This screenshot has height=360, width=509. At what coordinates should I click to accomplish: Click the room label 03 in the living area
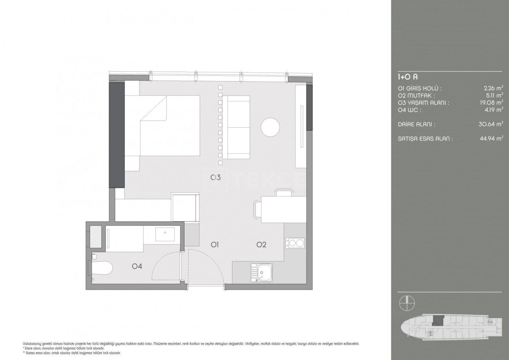click(216, 177)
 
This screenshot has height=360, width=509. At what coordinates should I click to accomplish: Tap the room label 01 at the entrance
click(216, 245)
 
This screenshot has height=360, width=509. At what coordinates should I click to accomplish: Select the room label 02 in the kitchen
click(261, 245)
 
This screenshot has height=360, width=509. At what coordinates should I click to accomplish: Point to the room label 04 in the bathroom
click(137, 266)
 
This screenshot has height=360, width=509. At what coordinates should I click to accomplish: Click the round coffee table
click(270, 128)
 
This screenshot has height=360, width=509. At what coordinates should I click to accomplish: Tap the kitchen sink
click(261, 272)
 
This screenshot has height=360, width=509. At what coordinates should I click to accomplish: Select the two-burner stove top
click(295, 243)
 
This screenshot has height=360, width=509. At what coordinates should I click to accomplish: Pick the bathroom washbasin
click(164, 235)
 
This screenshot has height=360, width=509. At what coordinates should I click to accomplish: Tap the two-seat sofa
click(236, 128)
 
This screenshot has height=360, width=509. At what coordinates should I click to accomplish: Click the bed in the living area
click(169, 125)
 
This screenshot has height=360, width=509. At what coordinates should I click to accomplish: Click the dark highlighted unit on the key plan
click(437, 320)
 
